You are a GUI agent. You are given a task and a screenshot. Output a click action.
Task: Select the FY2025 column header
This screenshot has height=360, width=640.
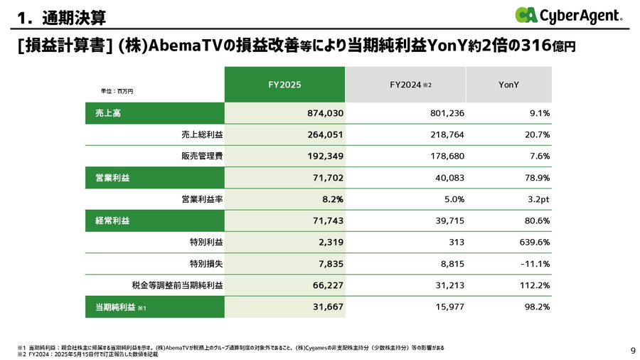click(284, 85)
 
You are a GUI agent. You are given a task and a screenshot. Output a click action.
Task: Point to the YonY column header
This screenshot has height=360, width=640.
click(508, 85)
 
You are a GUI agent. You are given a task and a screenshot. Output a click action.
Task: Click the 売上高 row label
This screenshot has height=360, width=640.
click(108, 113)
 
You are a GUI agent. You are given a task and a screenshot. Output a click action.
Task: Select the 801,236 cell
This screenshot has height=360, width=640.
click(447, 113)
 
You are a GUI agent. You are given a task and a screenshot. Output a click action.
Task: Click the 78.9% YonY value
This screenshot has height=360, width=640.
click(534, 177)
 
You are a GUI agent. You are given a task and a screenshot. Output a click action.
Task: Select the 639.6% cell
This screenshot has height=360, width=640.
click(532, 242)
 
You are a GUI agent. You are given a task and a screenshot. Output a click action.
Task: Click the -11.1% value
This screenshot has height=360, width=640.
click(533, 263)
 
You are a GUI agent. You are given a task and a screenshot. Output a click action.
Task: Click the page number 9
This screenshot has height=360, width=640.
click(633, 350)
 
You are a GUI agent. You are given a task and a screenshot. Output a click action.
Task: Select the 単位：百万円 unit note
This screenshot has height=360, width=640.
click(117, 91)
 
